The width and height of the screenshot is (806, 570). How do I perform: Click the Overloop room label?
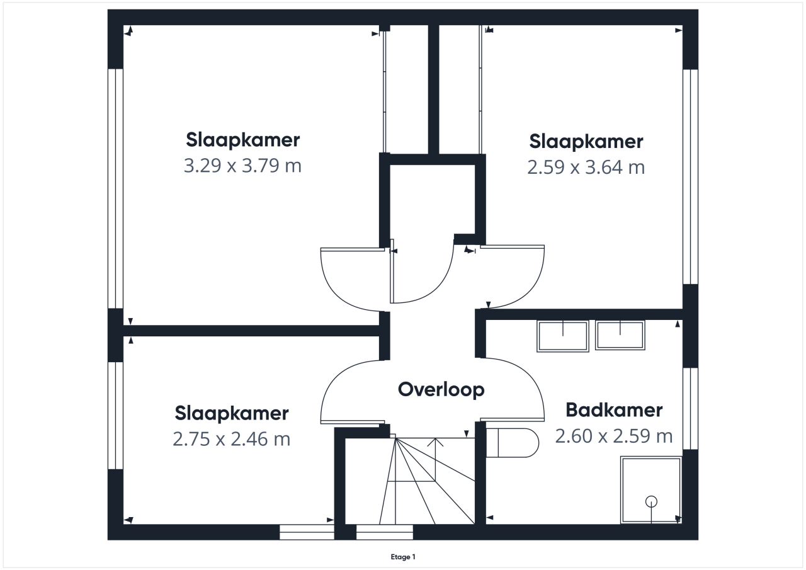click(x=441, y=389)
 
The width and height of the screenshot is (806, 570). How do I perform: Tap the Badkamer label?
click(x=614, y=410)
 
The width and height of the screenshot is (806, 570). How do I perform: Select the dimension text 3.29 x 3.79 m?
click(x=242, y=166)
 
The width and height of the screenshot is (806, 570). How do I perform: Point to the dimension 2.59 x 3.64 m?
click(x=586, y=168)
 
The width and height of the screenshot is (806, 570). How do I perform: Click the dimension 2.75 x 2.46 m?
click(x=231, y=439)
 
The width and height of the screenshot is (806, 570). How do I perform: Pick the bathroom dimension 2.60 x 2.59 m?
click(x=614, y=436)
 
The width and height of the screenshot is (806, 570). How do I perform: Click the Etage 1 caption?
click(x=403, y=557)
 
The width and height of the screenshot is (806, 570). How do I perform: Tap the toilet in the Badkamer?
click(x=512, y=443)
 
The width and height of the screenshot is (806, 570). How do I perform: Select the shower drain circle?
click(x=651, y=501)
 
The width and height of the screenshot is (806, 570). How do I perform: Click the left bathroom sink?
click(x=563, y=336)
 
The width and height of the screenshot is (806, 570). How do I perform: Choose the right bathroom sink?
click(x=620, y=335)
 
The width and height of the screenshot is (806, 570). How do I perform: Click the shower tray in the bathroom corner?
click(x=651, y=490)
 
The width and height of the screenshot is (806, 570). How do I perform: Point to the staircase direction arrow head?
click(x=435, y=442)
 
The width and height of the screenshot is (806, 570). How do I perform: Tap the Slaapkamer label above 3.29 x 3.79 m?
click(x=242, y=140)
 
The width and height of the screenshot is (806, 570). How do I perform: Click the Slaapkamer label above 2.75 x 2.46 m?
click(x=231, y=413)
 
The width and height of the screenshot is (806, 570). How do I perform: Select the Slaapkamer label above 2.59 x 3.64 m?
click(x=586, y=142)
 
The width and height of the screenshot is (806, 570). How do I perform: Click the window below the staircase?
click(x=385, y=532)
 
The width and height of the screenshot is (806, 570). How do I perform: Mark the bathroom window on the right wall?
click(x=691, y=408)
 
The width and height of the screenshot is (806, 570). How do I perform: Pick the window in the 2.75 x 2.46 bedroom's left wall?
click(x=115, y=415)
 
